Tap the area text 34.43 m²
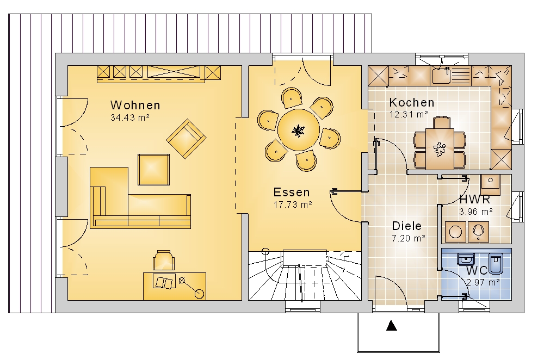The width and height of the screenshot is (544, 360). pyautogui.click(x=130, y=117)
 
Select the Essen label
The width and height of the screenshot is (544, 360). pyautogui.click(x=292, y=192)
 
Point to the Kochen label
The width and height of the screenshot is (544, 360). pyautogui.click(x=412, y=102)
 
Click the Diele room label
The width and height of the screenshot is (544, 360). pyautogui.click(x=406, y=226)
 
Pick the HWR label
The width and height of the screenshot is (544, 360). pyautogui.click(x=474, y=200)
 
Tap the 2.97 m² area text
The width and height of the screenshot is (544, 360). pyautogui.click(x=483, y=282)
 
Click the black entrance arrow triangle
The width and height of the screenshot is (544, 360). pyautogui.click(x=391, y=325)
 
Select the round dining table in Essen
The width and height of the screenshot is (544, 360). pyautogui.click(x=298, y=130)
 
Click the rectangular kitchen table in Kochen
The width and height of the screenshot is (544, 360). pyautogui.click(x=440, y=148)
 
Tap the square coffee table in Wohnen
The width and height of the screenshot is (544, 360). pyautogui.click(x=154, y=170)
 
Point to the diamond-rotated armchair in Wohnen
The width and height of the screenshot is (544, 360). pyautogui.click(x=186, y=139)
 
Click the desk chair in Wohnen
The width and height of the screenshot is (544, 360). pyautogui.click(x=163, y=260)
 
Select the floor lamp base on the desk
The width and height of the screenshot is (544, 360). pyautogui.click(x=200, y=294)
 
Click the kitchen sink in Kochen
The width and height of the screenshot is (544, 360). pyautogui.click(x=441, y=76)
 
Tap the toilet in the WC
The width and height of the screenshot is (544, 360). pyautogui.click(x=496, y=263)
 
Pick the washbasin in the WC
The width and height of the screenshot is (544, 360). pyautogui.click(x=466, y=259)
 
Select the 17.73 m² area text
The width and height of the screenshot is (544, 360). pyautogui.click(x=293, y=204)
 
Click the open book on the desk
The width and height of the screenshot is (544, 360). pyautogui.click(x=164, y=282)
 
